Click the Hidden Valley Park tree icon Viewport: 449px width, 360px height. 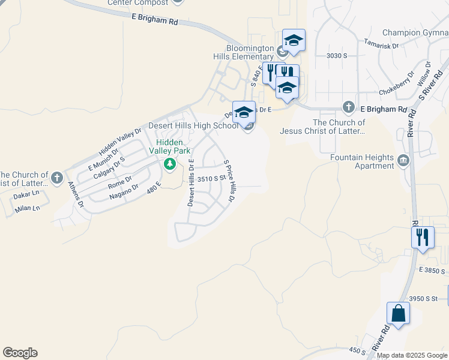(170, 164)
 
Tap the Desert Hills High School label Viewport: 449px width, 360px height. (193, 125)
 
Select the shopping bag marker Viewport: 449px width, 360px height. (399, 313)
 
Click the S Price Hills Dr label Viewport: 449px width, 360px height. (229, 180)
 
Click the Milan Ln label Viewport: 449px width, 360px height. (28, 208)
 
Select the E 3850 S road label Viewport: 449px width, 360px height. (432, 271)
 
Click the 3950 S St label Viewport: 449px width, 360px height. (426, 298)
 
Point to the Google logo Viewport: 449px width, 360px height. (20, 353)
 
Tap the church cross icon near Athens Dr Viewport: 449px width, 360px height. (56, 177)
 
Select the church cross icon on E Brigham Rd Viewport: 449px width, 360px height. (348, 107)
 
